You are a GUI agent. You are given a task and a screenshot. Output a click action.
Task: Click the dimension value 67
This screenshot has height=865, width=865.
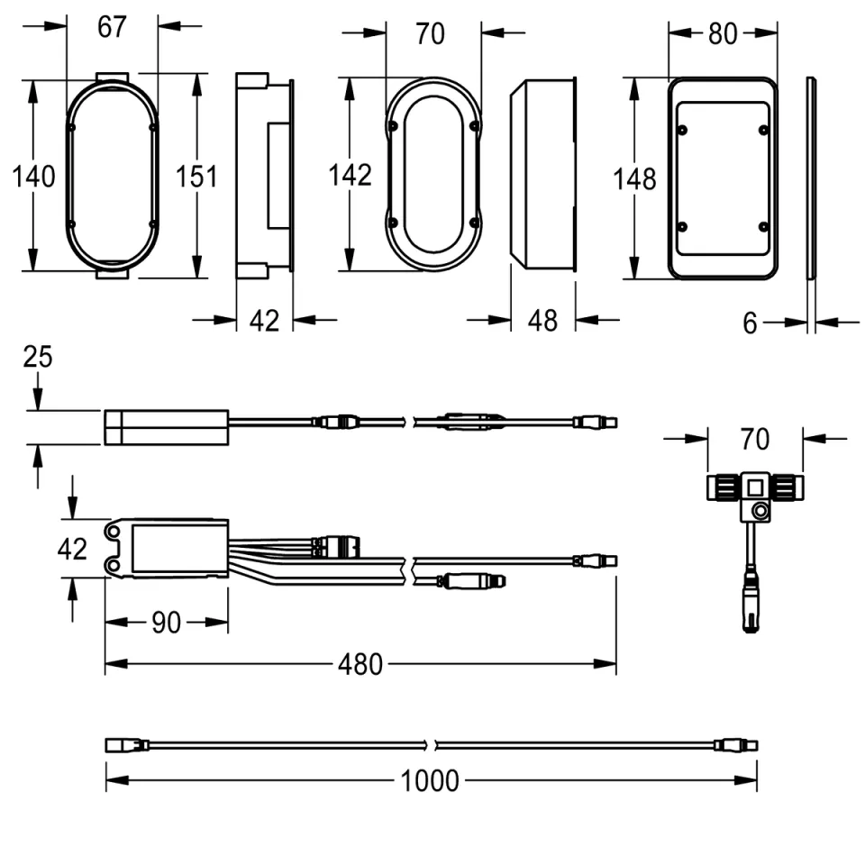112,27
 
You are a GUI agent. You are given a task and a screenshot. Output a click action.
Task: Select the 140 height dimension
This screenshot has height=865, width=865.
33,177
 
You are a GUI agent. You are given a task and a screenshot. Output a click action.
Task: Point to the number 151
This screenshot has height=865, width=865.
196,177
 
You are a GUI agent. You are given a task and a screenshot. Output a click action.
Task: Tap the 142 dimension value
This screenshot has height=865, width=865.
351,175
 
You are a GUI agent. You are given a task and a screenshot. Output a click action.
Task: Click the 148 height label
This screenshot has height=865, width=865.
635,179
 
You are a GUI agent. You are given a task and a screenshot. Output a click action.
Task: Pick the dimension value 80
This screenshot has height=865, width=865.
722,34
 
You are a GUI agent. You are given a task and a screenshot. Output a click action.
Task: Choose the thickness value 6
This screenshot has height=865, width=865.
751,323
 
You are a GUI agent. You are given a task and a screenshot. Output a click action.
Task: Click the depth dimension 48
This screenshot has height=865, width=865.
542,320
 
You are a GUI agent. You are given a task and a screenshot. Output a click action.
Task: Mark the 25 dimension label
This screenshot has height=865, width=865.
38,358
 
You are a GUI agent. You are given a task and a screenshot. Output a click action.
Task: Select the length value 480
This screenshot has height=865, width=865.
360,666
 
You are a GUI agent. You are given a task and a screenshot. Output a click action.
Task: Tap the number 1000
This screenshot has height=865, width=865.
430,780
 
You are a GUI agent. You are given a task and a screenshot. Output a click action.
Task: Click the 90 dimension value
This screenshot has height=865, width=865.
166,623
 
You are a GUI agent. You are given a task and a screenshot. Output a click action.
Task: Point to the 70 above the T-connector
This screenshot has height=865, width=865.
755,440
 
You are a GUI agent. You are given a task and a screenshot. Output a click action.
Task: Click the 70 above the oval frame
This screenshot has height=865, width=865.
431,34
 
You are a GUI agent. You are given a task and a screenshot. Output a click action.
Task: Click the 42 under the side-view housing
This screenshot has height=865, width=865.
264,320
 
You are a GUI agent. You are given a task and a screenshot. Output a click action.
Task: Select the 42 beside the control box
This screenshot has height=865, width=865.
71,548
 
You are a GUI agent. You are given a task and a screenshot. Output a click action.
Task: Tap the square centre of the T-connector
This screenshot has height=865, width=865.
753,487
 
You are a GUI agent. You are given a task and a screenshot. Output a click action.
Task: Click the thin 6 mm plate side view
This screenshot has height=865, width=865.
811,178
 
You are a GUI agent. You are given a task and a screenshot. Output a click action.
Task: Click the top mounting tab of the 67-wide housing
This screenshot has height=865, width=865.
113,76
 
